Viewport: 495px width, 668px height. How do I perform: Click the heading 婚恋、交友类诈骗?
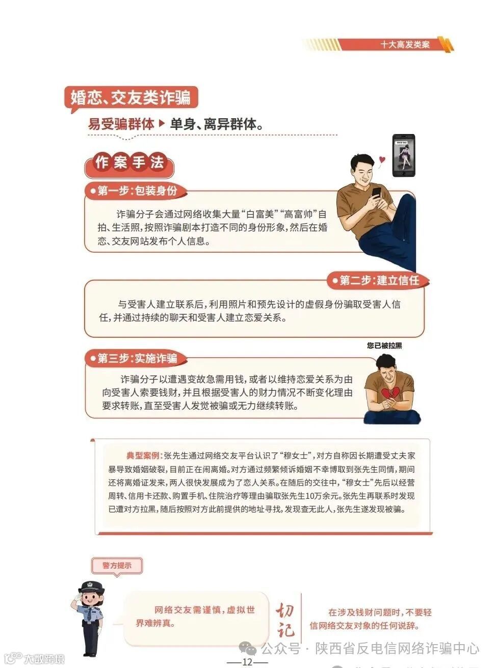coord(131,97)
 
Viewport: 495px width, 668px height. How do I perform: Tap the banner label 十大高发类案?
coord(405,44)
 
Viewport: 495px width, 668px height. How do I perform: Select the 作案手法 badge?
coord(129,163)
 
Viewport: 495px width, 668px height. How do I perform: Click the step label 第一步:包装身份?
coord(137,191)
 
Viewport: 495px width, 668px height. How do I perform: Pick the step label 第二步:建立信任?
coord(379,280)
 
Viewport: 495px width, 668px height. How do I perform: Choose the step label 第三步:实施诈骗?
coord(137,358)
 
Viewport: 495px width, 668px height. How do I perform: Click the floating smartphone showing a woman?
coord(403,156)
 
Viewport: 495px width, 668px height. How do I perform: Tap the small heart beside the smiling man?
coord(382,159)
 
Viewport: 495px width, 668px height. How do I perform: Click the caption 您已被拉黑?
coord(384,345)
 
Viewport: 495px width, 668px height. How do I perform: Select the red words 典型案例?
coord(143,456)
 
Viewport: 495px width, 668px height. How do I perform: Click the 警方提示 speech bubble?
coord(117,566)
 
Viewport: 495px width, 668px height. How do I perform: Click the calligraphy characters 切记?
coord(285,620)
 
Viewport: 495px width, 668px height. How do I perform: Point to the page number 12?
coord(247,662)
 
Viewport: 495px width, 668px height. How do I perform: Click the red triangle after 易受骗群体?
coord(162,123)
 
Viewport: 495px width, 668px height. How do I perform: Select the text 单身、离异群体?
coord(216,124)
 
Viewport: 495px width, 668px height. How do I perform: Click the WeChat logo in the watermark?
coord(248,648)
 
